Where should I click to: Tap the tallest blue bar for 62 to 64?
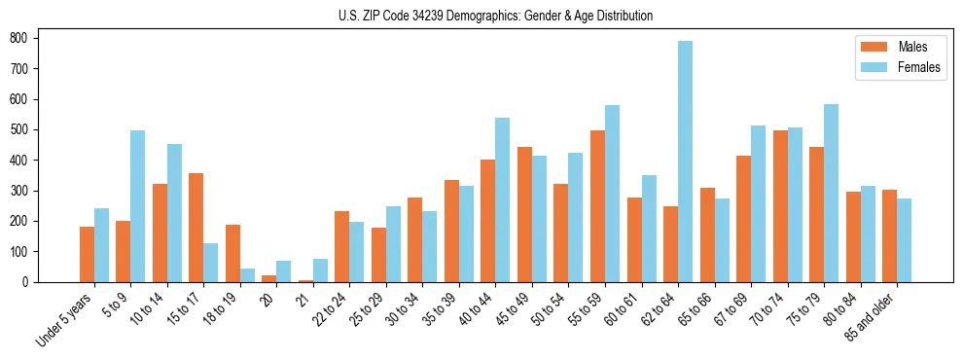686,162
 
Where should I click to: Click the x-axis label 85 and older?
870,317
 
